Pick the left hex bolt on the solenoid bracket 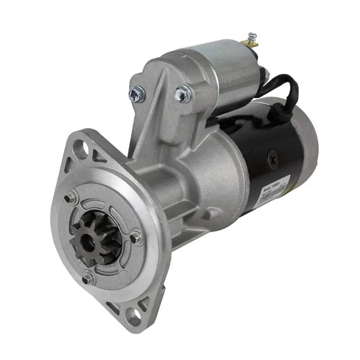pos(137,92)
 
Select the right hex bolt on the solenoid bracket pos(183,93)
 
